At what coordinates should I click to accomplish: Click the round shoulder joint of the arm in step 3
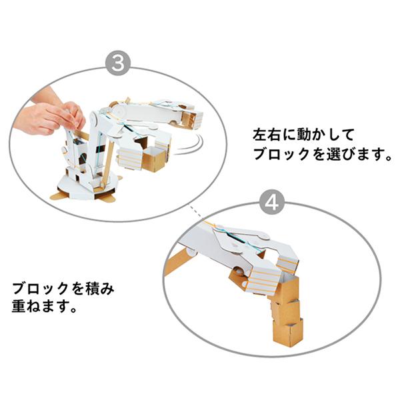[119, 110]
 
